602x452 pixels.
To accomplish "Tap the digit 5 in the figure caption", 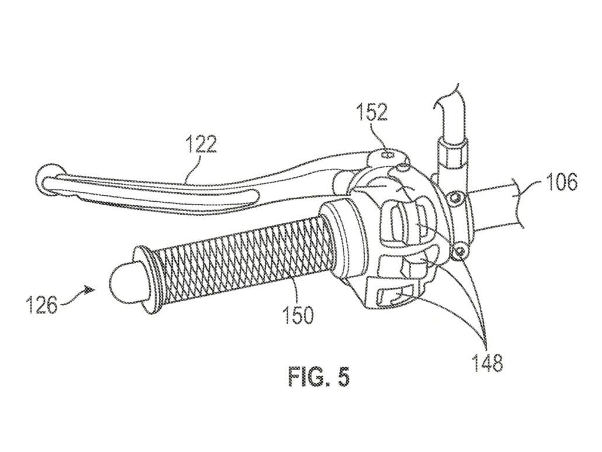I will point(344,377).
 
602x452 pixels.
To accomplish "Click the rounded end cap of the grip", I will point(122,281).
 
